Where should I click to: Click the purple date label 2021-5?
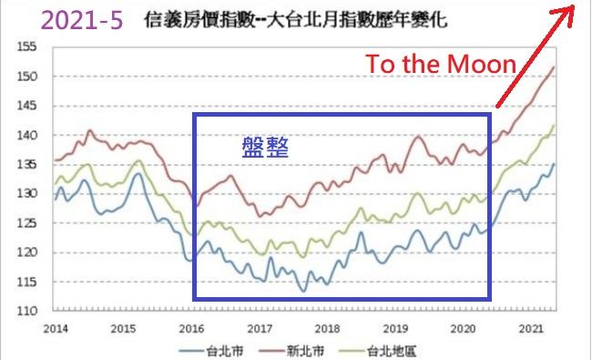pos(82,20)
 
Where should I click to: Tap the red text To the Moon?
pos(441,64)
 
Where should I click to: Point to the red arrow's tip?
pos(575,5)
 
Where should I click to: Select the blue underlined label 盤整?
pos(265,148)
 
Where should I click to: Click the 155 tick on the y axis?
pos(26,46)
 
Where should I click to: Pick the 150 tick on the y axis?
pos(26,77)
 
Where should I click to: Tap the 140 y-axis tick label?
pos(26,135)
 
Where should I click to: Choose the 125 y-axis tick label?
pos(26,223)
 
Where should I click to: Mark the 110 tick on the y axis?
pos(26,312)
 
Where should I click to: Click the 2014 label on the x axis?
pos(56,329)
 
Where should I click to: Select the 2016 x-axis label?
pos(191,329)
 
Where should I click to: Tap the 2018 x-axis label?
pos(327,329)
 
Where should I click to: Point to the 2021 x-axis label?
pos(531,329)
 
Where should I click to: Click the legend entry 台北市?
pos(211,351)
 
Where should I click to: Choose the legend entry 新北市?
pos(291,351)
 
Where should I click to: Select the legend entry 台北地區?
pos(378,351)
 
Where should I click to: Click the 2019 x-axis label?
pos(395,329)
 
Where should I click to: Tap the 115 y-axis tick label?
pos(26,282)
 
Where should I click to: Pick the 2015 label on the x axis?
pos(124,329)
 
